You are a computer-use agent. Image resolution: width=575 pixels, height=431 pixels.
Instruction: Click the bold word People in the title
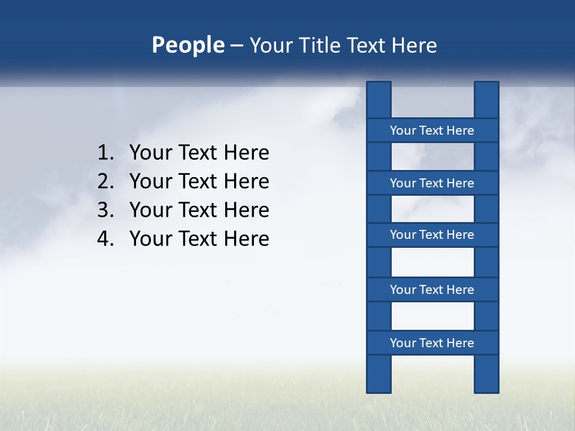point(188,45)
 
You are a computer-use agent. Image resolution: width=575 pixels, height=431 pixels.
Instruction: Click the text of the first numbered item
point(199,153)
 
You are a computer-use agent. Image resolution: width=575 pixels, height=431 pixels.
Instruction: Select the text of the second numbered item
point(199,181)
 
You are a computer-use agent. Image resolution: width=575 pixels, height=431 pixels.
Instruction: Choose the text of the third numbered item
point(199,210)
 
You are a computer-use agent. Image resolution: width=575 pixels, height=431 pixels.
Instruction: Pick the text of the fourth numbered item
point(199,239)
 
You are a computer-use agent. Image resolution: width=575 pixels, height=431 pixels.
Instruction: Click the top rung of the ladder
point(432,130)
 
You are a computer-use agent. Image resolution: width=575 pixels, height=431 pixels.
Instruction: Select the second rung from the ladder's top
point(432,183)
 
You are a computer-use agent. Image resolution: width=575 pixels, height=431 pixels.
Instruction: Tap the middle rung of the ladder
point(432,235)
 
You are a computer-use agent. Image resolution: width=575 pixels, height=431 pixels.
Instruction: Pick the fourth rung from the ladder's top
point(432,290)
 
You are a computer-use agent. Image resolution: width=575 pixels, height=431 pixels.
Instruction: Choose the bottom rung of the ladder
point(432,343)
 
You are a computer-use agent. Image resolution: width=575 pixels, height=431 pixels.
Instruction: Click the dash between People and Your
point(236,46)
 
